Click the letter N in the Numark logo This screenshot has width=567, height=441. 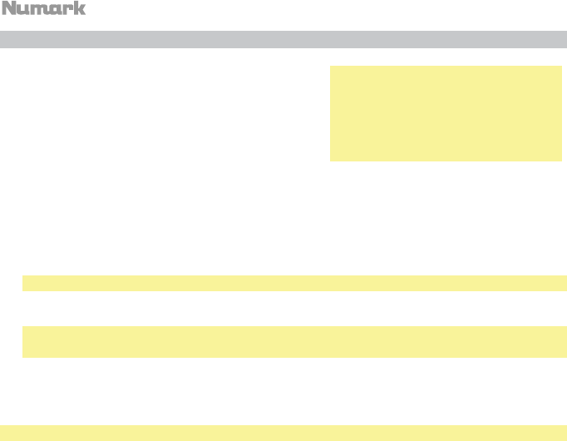click(9, 8)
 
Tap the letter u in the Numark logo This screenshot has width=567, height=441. click(23, 9)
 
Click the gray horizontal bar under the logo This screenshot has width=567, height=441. click(283, 39)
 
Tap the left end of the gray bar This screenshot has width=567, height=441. click(3, 39)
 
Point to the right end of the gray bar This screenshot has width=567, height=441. click(564, 39)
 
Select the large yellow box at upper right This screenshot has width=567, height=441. click(446, 114)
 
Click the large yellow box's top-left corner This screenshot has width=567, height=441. click(332, 68)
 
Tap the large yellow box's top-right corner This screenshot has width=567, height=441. click(561, 68)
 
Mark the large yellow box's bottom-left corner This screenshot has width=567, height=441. click(332, 159)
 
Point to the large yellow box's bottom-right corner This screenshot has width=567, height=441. click(561, 159)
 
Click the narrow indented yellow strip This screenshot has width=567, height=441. click(294, 284)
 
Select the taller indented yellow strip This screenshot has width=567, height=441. click(294, 341)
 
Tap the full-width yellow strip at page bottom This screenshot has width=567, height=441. click(283, 433)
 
